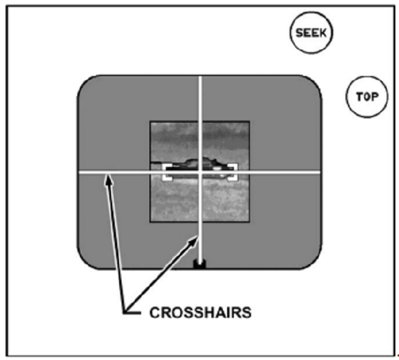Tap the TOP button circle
coord(366,96)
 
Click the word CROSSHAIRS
coord(201,312)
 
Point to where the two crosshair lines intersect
coord(200,172)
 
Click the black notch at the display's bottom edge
coord(199,264)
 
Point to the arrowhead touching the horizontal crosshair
coord(107,178)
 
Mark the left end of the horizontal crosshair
coord(80,172)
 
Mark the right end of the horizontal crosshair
coord(320,172)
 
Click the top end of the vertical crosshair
coord(200,77)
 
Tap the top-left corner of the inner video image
coord(151,121)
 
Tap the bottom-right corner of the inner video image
coord(249,221)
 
